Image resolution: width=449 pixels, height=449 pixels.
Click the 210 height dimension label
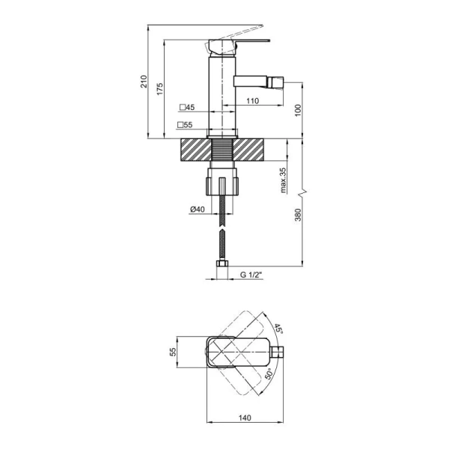[x=144, y=82]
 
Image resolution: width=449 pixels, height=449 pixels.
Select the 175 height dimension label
[x=159, y=89]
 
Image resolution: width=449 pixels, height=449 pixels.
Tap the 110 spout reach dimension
[x=252, y=101]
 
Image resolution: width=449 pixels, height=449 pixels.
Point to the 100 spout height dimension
[x=298, y=111]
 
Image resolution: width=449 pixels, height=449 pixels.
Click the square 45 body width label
[x=187, y=107]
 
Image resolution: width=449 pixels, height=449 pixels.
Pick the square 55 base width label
[x=185, y=125]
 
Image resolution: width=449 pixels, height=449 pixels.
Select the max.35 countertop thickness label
[x=283, y=180]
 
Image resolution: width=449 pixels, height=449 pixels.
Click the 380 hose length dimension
[x=298, y=215]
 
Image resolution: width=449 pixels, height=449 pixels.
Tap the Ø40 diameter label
[x=198, y=210]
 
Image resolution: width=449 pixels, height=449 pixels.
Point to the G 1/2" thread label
[x=251, y=275]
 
